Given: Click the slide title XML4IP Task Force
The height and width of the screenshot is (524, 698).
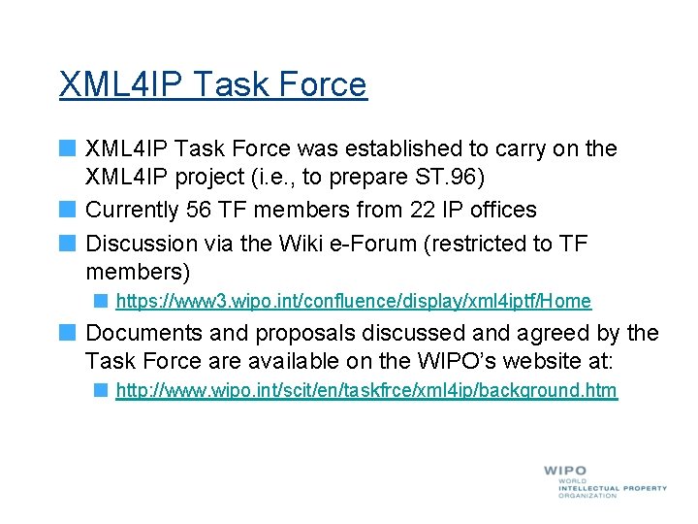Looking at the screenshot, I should tap(212, 84).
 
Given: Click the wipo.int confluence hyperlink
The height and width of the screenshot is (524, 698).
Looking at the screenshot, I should tap(353, 302).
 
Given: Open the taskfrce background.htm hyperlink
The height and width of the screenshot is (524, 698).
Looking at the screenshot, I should tap(365, 391).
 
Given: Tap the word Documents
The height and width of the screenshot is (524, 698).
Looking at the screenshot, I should tap(142, 333).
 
